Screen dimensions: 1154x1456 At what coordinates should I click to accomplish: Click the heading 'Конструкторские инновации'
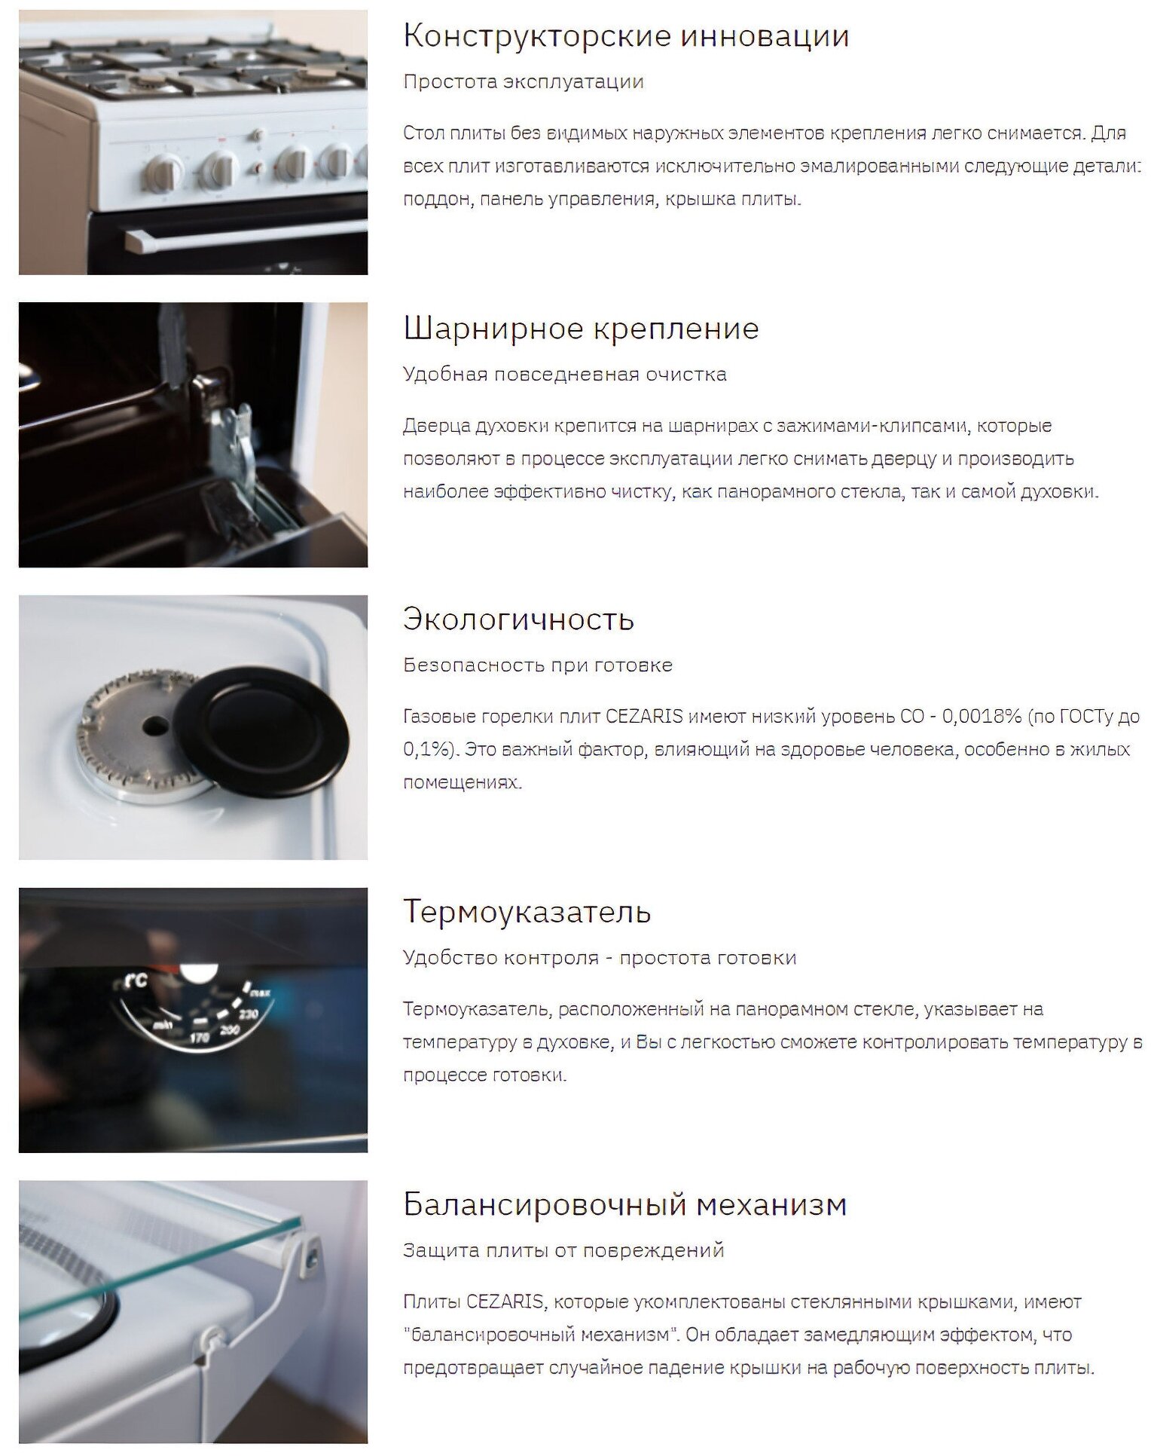[626, 36]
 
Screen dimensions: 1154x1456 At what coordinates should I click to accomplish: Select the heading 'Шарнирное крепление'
[581, 329]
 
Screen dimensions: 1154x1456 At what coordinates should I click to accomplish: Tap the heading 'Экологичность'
[518, 619]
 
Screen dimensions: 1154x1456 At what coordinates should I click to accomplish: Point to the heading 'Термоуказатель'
[527, 912]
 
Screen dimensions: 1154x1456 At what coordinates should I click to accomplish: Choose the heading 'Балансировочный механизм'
[625, 1204]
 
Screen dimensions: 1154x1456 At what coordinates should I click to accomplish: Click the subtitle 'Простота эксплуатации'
[524, 82]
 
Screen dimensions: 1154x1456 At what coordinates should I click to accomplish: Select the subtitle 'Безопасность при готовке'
[538, 665]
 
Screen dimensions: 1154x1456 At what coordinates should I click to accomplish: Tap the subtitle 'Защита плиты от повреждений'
[563, 1251]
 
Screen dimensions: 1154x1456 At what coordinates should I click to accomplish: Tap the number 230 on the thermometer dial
[249, 1014]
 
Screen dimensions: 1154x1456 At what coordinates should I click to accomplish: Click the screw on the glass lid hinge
[312, 1253]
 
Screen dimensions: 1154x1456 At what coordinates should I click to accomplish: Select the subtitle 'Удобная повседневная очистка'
[565, 375]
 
